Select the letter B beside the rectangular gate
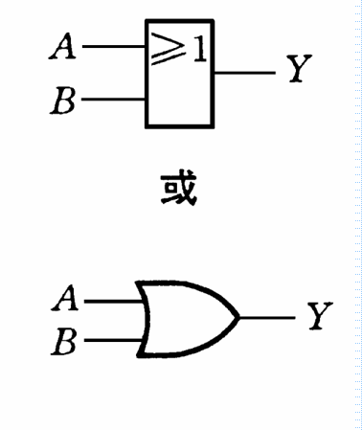click(64, 100)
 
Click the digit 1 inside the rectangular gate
click(198, 49)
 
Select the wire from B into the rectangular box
click(113, 99)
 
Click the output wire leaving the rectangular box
click(244, 71)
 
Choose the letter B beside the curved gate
click(64, 340)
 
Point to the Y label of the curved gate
click(319, 317)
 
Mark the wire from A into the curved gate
click(113, 300)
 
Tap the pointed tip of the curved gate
click(238, 317)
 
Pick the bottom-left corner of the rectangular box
click(147, 126)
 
